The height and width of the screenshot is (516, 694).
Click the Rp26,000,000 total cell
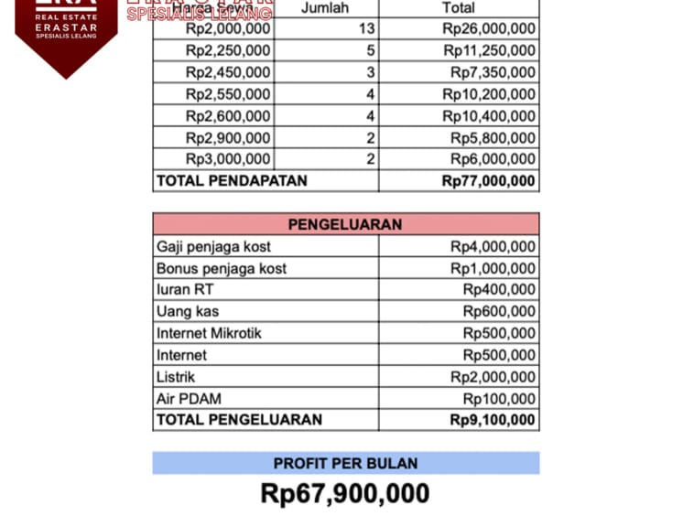pos(489,28)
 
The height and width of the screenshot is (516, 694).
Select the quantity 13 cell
pos(366,28)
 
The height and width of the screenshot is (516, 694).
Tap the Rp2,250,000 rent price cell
pos(228,50)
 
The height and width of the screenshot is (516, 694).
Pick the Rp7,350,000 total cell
pos(493,72)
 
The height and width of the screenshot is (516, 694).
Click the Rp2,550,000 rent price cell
pos(228,94)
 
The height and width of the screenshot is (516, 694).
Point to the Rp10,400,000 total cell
pos(489,116)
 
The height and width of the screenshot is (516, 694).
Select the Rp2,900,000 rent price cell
pos(228,138)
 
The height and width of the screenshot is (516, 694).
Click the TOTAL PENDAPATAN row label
pos(232,180)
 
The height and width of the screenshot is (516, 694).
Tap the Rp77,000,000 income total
pos(489,180)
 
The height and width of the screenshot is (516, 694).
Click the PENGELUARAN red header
pos(345,224)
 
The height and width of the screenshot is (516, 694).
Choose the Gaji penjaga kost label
pos(213,246)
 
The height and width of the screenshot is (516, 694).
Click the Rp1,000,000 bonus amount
pos(493,268)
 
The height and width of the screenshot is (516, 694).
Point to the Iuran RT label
pos(186,289)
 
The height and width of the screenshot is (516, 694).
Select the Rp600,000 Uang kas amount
pos(499,311)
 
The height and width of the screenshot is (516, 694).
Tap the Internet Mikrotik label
pos(209,333)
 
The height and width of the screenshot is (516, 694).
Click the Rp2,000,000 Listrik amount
pos(493,377)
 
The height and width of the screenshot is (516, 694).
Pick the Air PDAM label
pos(189,399)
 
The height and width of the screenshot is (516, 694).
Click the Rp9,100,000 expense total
pos(493,420)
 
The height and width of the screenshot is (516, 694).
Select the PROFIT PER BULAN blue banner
pos(345,463)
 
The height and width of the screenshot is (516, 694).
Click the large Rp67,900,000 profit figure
pos(345,493)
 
